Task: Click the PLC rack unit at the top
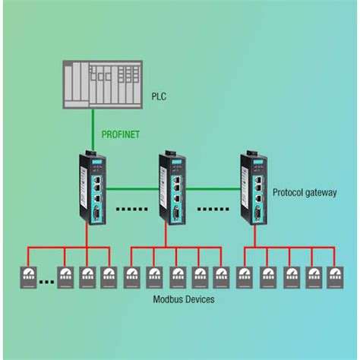tap(102, 84)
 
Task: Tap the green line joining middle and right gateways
tap(213, 185)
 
